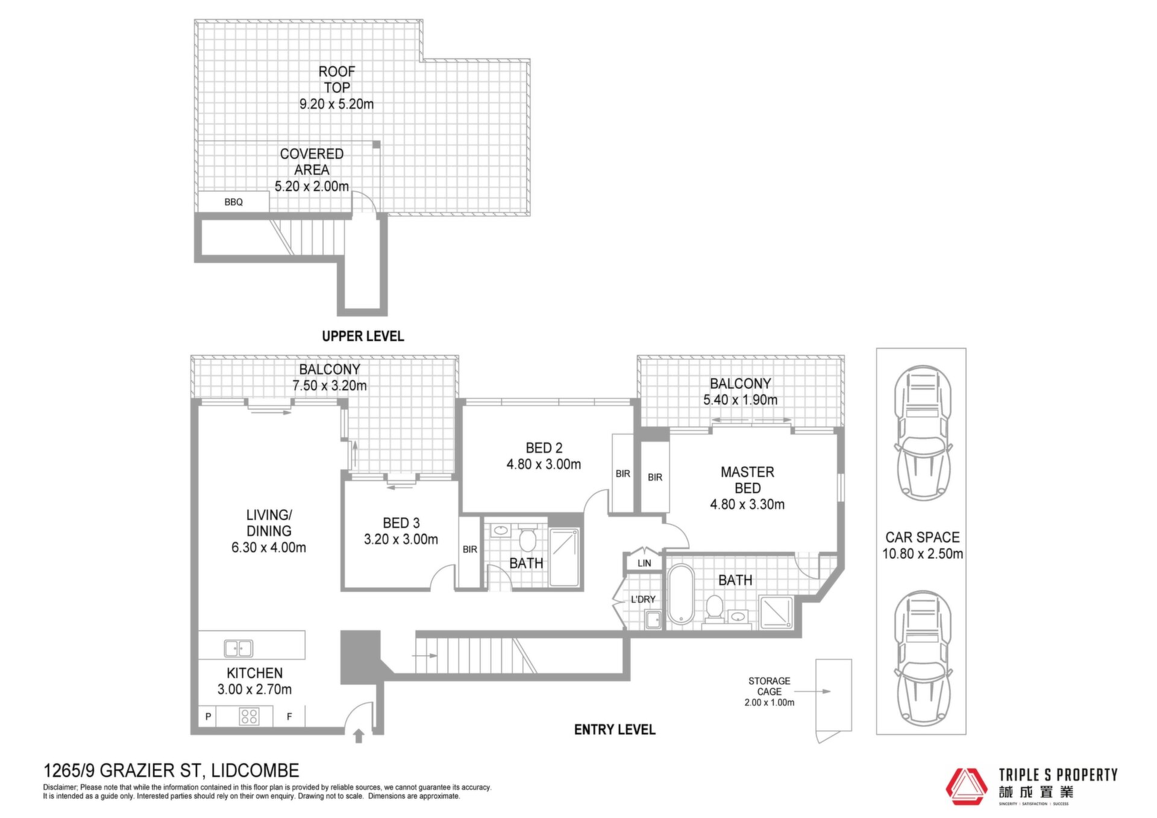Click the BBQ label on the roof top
(x=233, y=203)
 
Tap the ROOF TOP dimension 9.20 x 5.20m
(x=336, y=104)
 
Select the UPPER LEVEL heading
(x=363, y=336)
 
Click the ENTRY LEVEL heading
(x=615, y=730)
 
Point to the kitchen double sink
(x=239, y=648)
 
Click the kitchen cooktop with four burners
(x=249, y=716)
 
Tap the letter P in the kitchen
(x=208, y=717)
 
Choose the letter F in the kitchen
(x=289, y=717)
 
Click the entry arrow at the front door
(x=359, y=735)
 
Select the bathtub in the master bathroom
(x=681, y=594)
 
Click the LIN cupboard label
(x=644, y=563)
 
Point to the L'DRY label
(x=643, y=599)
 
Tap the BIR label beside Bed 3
(x=470, y=549)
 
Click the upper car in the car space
(x=923, y=433)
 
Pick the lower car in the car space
(x=923, y=658)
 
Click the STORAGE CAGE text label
(x=770, y=686)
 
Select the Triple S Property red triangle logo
(x=965, y=786)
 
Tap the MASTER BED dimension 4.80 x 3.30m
(x=747, y=505)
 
